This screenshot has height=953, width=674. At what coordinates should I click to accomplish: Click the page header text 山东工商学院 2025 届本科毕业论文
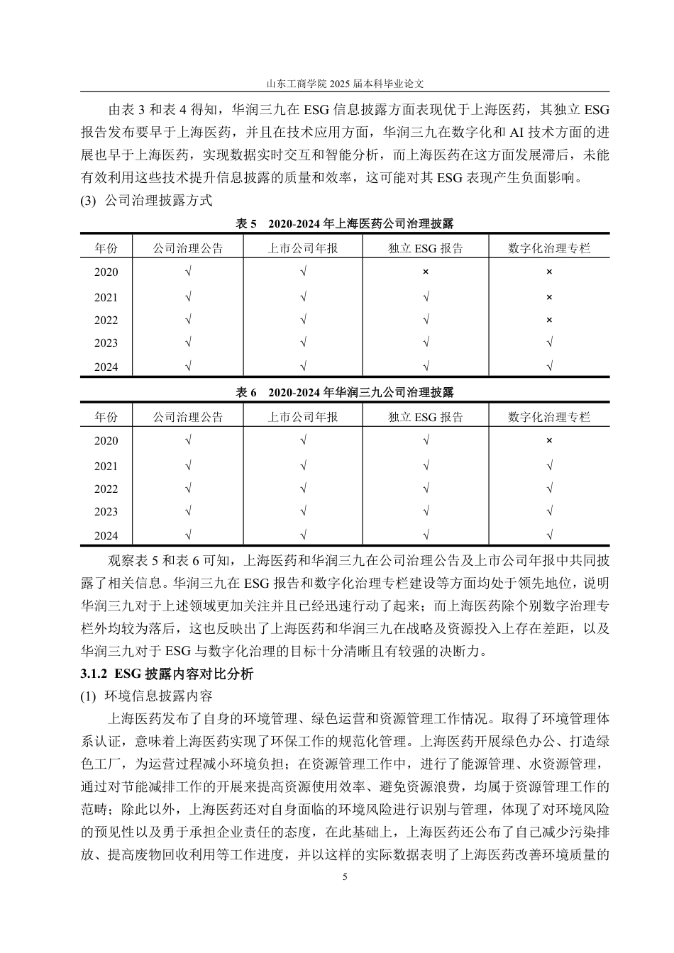click(x=345, y=83)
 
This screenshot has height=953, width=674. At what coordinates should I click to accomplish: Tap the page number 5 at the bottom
click(x=345, y=877)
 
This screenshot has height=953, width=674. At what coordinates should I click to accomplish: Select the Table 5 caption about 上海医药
click(x=345, y=223)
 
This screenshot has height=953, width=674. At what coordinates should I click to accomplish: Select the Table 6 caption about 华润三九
click(x=345, y=392)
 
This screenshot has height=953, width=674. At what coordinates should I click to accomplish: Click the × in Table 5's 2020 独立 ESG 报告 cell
click(x=426, y=272)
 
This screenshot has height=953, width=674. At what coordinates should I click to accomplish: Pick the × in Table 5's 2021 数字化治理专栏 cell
click(x=549, y=297)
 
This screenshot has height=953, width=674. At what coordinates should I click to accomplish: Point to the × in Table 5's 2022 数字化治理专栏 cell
click(x=549, y=320)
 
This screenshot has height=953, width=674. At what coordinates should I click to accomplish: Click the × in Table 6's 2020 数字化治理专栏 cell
click(x=549, y=440)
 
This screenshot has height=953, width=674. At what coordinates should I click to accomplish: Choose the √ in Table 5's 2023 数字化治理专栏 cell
click(x=549, y=343)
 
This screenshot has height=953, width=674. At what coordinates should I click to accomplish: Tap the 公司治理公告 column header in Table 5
click(x=188, y=248)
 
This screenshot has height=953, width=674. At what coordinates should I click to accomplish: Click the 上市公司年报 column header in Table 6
click(x=303, y=417)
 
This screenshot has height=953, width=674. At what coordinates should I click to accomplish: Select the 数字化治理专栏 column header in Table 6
click(x=549, y=417)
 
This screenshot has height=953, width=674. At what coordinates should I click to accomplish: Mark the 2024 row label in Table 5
click(x=106, y=367)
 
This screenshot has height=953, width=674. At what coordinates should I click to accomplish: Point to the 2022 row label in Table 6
click(x=106, y=489)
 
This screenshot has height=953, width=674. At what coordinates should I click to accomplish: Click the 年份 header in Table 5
click(x=106, y=248)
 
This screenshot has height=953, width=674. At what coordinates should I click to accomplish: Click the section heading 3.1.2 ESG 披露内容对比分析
click(x=167, y=674)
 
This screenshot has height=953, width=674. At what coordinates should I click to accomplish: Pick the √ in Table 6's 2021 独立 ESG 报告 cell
click(x=426, y=466)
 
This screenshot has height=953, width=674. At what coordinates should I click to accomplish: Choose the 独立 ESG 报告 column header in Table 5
click(x=426, y=248)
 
